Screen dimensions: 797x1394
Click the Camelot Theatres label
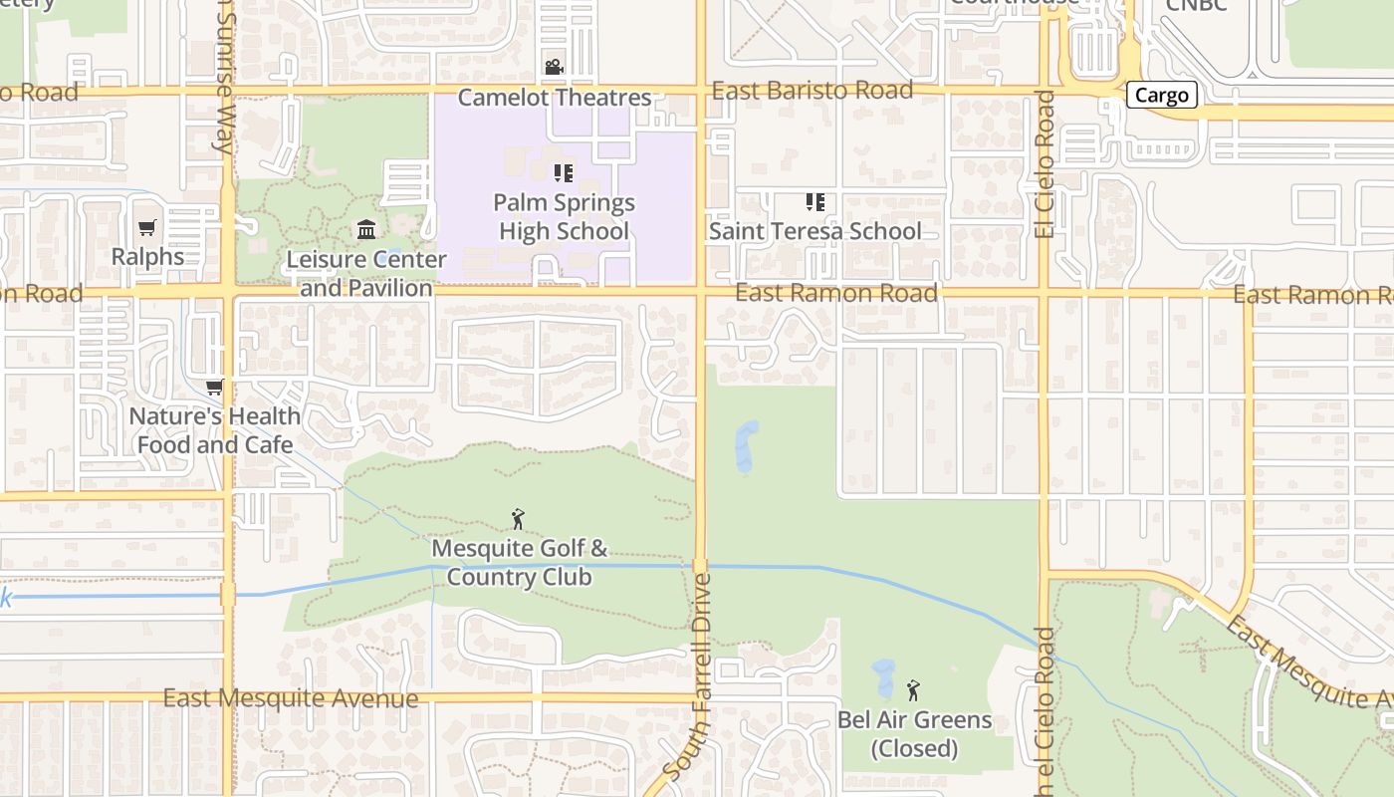coord(555,98)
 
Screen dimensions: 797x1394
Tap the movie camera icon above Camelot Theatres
coord(554,67)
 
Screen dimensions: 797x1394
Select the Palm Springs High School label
coord(564,217)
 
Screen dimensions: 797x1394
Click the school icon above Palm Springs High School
coord(564,173)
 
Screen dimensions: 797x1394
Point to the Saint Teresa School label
coord(814,231)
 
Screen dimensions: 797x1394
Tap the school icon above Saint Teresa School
coord(815,202)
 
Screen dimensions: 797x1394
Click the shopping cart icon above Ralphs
coord(147,228)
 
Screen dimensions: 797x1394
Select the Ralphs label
coord(147,257)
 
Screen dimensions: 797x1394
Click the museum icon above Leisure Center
coord(366,230)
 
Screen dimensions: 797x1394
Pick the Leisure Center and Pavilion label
coord(366,274)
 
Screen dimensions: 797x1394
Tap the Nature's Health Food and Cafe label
coord(215,430)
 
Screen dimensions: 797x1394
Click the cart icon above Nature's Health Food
coord(214,387)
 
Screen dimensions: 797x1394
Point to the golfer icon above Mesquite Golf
coord(518,519)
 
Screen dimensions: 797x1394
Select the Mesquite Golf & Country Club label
coord(519,563)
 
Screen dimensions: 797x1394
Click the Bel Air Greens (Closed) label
coord(914,734)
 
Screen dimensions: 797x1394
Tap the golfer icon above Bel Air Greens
coord(913,689)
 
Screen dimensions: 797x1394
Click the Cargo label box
coord(1162,96)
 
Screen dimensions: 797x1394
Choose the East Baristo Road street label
coord(813,91)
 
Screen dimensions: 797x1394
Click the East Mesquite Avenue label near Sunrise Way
coord(291,698)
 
